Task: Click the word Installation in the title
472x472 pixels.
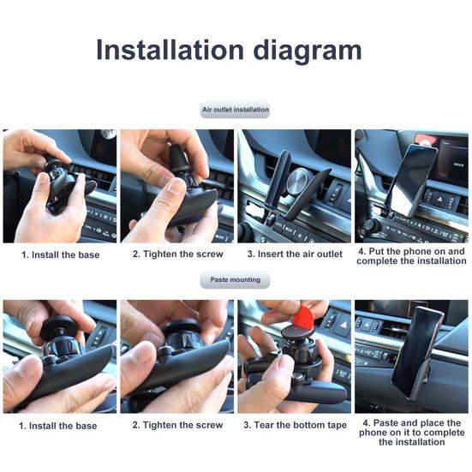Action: pos(170,50)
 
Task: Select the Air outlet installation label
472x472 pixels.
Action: pos(235,111)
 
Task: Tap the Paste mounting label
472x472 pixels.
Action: pos(235,280)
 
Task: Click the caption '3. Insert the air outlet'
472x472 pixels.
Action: pos(294,254)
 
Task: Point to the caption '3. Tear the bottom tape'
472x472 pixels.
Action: pos(294,425)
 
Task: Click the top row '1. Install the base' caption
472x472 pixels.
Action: pos(60,254)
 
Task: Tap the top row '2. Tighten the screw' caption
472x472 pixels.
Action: pos(177,254)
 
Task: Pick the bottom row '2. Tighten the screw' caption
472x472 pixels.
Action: pos(177,425)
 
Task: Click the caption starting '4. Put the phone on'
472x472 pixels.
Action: pos(412,256)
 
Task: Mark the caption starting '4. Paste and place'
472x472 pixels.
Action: pos(411,433)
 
